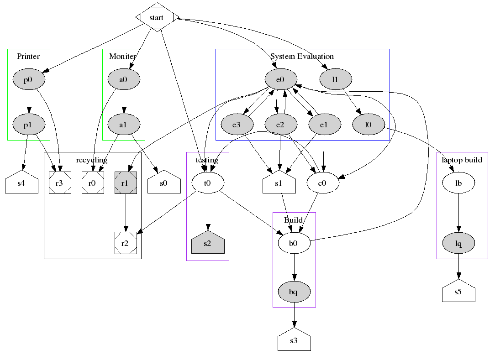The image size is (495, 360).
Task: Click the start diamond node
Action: (157, 17)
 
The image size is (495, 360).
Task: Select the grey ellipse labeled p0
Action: (28, 80)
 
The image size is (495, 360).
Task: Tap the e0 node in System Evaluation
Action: (280, 80)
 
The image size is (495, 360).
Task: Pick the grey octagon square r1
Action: (126, 183)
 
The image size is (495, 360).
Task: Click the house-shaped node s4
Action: (21, 184)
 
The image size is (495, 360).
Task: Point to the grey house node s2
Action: (208, 243)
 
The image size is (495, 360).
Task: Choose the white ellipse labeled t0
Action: (208, 183)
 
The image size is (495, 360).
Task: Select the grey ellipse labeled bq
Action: (294, 291)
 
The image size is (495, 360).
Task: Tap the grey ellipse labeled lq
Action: (458, 244)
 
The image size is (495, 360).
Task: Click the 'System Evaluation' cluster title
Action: (302, 57)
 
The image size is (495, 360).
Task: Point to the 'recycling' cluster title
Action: (92, 160)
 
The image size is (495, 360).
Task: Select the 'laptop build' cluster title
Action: (462, 160)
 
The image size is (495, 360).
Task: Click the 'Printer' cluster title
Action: (28, 57)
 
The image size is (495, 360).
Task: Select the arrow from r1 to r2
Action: (126, 213)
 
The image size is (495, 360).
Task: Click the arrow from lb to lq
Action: (458, 213)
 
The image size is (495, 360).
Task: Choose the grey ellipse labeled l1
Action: (335, 80)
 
